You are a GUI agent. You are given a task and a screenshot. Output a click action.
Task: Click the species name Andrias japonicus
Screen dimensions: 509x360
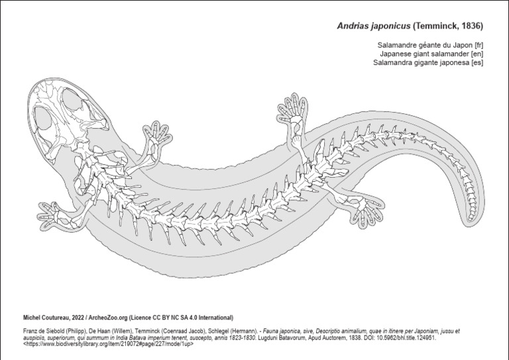pos(374,26)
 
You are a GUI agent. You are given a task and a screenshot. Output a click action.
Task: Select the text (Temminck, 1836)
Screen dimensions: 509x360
pos(448,26)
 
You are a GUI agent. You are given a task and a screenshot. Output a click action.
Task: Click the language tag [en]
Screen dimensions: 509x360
pos(477,54)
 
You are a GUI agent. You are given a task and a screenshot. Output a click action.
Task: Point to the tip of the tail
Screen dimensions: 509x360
pos(471,221)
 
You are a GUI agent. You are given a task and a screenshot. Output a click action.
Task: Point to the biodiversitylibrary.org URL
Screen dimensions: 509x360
pos(108,344)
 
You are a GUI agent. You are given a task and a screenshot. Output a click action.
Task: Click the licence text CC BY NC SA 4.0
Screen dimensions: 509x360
pos(174,318)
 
